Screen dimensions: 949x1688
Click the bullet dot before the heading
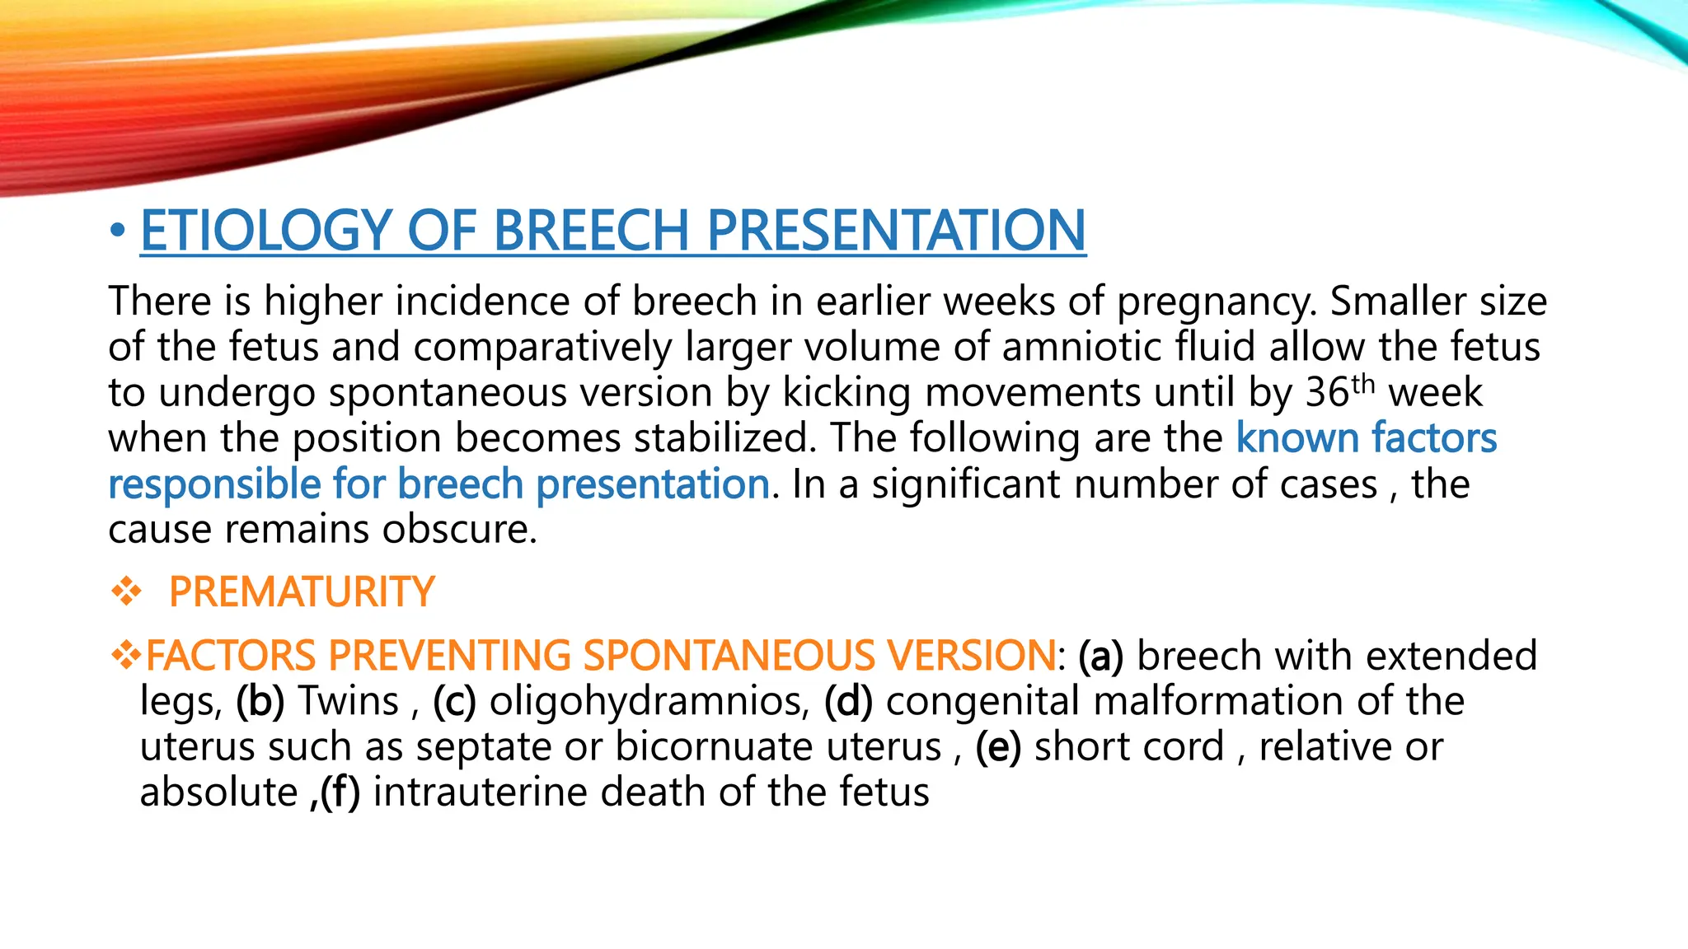[x=118, y=231]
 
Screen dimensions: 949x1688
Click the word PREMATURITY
[x=301, y=592]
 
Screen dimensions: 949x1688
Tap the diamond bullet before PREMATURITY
[x=126, y=591]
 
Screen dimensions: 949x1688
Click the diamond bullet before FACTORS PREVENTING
[x=126, y=656]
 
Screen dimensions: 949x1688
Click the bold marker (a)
[x=1100, y=656]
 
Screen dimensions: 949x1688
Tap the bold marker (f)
[x=340, y=792]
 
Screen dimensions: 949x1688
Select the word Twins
[x=349, y=701]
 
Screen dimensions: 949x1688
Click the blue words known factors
[x=1366, y=437]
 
